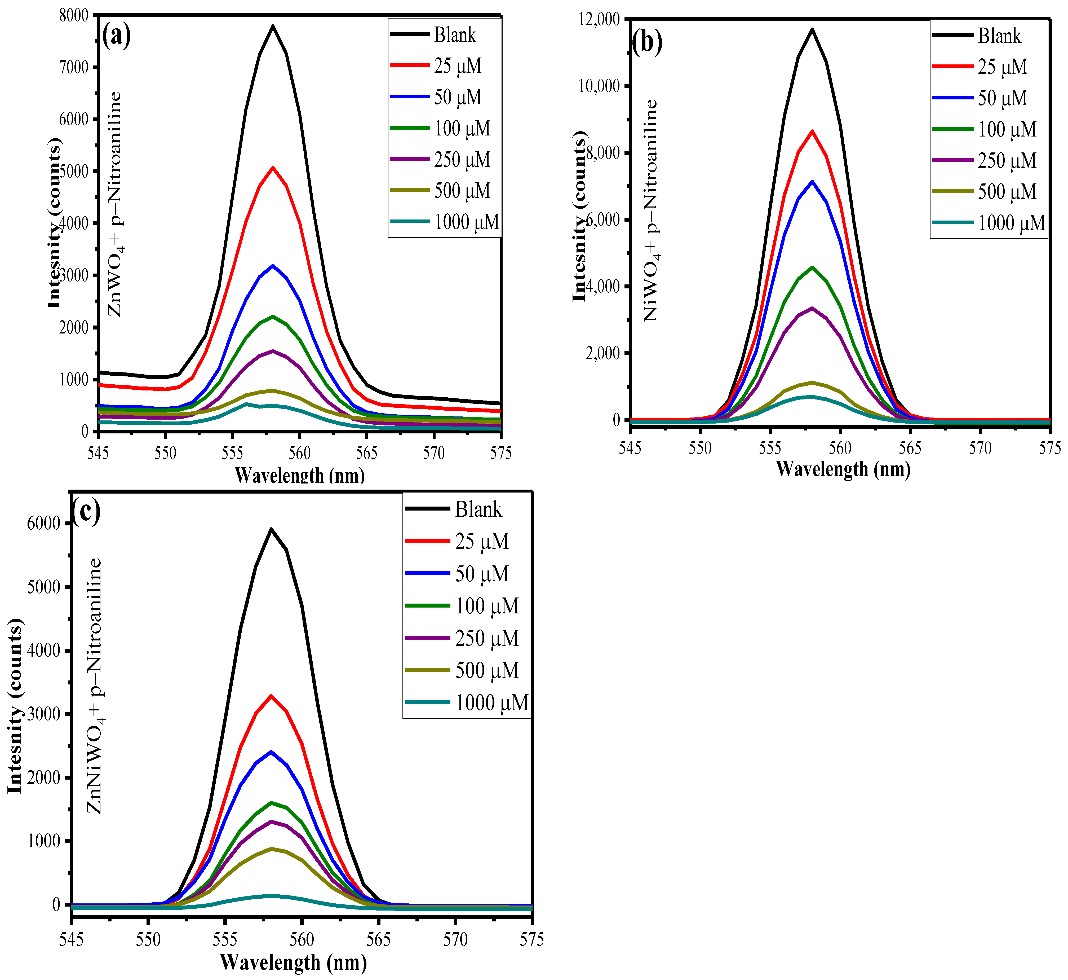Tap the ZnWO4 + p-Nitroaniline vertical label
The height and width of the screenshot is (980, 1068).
point(116,204)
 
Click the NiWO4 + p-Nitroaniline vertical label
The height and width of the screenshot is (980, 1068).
point(651,210)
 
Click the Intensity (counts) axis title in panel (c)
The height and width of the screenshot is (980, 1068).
point(16,705)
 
